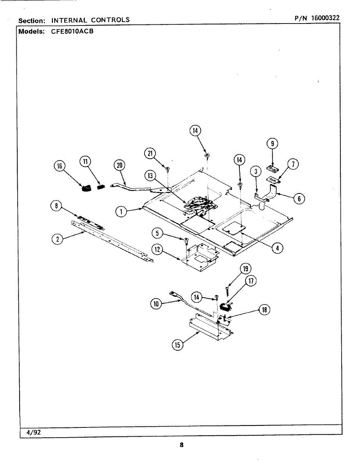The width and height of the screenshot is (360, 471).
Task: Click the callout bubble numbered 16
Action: click(60, 166)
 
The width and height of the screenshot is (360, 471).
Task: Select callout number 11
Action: click(85, 161)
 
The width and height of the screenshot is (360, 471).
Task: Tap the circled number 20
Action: click(119, 165)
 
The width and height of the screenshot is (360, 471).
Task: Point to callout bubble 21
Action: click(150, 153)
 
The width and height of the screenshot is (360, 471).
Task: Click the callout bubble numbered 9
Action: click(272, 144)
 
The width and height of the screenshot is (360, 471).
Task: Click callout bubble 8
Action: click(57, 205)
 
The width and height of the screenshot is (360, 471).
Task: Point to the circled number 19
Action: click(246, 269)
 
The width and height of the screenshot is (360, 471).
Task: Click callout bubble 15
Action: click(178, 345)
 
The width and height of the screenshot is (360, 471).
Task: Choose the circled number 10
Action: click(156, 303)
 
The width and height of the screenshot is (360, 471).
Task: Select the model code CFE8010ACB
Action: click(72, 32)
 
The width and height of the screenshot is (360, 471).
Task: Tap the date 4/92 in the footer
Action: click(33, 432)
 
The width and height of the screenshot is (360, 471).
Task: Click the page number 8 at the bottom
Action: click(181, 445)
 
